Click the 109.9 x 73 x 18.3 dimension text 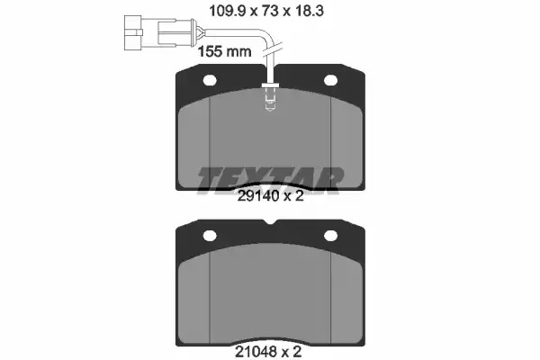pos(266,11)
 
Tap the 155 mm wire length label pos(224,51)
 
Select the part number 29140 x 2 pos(271,196)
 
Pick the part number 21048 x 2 pos(268,352)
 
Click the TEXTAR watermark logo pos(270,181)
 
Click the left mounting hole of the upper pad pos(210,81)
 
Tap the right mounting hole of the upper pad pos(330,80)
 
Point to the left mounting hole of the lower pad pos(210,236)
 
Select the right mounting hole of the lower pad pos(330,236)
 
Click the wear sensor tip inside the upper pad pos(270,100)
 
